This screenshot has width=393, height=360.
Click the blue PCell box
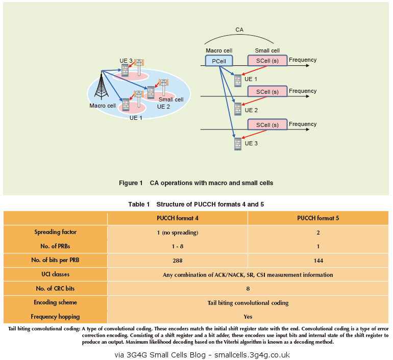point(219,61)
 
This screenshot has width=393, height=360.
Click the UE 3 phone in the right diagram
point(238,144)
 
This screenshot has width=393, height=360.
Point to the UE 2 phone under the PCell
point(238,109)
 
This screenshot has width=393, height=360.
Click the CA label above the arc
point(239,30)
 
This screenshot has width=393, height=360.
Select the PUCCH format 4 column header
point(177,218)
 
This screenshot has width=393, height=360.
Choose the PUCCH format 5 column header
point(318,218)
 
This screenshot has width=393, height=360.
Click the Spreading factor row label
point(55,232)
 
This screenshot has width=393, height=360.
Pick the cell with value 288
point(177,261)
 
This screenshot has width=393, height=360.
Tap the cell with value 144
point(318,261)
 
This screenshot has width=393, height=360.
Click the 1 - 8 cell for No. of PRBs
point(177,246)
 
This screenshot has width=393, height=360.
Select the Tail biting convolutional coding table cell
point(248,302)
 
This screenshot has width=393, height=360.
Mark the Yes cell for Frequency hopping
point(248,317)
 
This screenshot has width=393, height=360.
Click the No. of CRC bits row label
point(55,289)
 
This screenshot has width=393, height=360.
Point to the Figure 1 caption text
point(196,183)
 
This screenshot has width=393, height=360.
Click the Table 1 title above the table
point(196,204)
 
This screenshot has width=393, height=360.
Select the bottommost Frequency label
point(303,124)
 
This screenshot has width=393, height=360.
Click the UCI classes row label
point(55,274)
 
